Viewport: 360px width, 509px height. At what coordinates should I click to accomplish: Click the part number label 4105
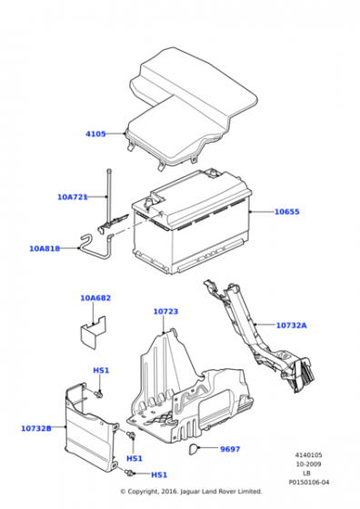(95, 135)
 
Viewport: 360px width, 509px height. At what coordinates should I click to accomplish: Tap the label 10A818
(44, 247)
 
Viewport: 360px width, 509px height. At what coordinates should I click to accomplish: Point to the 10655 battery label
(287, 212)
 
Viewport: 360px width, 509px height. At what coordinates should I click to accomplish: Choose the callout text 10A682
(95, 297)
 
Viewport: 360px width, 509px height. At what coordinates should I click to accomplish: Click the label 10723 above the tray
(165, 312)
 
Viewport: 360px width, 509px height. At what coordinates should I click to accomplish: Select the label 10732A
(291, 324)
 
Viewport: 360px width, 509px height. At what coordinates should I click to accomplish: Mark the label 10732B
(35, 427)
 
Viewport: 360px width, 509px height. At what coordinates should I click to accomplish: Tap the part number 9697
(231, 449)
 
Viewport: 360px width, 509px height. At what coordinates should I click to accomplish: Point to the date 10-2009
(307, 464)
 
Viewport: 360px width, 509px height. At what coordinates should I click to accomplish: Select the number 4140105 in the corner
(307, 454)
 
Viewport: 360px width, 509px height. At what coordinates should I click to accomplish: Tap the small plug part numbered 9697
(195, 448)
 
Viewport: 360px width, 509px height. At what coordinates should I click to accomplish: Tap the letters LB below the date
(307, 473)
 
